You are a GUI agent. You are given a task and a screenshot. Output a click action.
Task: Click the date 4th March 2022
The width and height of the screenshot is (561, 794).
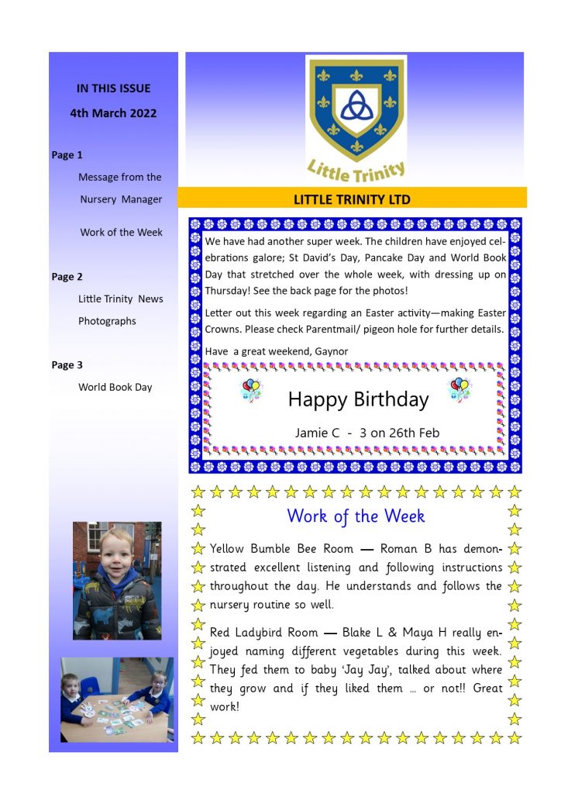pyautogui.click(x=113, y=113)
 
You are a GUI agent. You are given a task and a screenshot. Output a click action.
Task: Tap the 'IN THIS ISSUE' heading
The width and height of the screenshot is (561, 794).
pyautogui.click(x=113, y=88)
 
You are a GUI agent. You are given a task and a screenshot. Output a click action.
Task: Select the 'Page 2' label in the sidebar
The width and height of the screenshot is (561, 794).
pyautogui.click(x=67, y=277)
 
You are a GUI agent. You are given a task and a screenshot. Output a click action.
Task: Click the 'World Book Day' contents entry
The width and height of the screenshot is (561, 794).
pyautogui.click(x=115, y=387)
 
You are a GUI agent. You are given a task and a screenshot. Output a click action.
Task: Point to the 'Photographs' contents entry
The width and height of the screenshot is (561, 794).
pyautogui.click(x=107, y=321)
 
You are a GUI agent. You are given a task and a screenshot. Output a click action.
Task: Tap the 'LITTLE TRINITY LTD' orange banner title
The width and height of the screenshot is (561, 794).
pyautogui.click(x=352, y=199)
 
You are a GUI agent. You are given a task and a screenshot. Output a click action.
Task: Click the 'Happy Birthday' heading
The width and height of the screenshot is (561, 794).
pyautogui.click(x=358, y=399)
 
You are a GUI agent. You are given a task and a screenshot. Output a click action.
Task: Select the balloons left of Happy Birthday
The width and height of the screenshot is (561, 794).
pyautogui.click(x=252, y=389)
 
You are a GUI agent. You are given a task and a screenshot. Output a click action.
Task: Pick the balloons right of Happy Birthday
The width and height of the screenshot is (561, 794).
pyautogui.click(x=459, y=389)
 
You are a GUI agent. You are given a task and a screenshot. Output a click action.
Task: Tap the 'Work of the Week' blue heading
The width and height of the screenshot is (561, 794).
pyautogui.click(x=356, y=516)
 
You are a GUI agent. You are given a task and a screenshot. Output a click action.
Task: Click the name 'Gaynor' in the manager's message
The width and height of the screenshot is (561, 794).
pyautogui.click(x=332, y=351)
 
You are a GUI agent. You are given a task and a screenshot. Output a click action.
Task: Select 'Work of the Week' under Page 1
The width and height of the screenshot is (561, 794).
pyautogui.click(x=121, y=233)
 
